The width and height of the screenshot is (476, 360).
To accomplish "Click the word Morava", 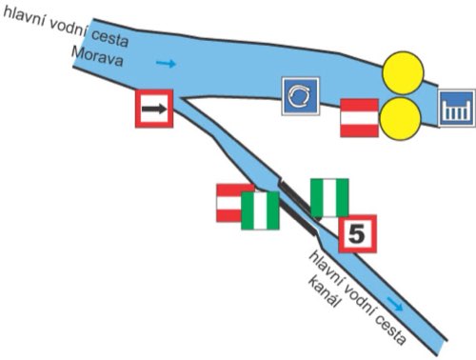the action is click(97, 56).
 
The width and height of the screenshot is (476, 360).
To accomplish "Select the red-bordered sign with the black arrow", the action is click(154, 109).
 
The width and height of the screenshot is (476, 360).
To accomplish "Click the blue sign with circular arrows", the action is click(301, 96).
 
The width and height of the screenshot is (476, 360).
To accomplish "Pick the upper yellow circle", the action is click(403, 72).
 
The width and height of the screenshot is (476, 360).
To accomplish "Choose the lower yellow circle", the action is click(401, 118).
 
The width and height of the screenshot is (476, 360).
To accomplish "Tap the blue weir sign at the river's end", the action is click(457, 108).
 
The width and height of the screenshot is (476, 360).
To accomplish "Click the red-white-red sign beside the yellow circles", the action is click(359, 118).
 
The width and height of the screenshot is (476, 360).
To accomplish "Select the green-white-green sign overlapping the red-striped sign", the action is click(260, 210).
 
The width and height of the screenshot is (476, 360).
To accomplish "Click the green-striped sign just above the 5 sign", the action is click(329, 198).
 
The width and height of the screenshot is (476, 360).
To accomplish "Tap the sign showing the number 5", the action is click(358, 234).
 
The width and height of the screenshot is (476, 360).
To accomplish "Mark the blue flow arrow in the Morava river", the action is click(166, 64).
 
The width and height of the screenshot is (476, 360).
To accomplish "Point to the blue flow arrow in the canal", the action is click(395, 304).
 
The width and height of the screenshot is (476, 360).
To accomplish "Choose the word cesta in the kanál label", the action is click(390, 330).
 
